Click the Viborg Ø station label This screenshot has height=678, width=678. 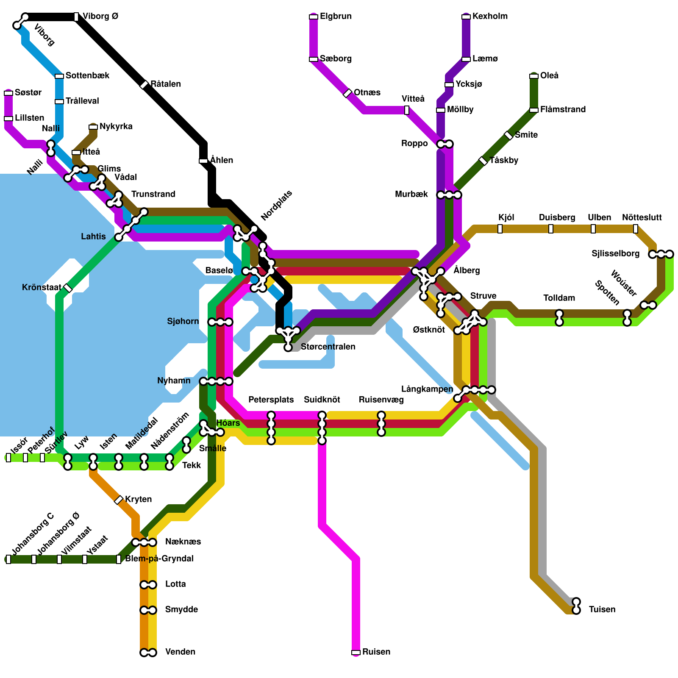(100, 17)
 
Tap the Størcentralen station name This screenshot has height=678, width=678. (328, 347)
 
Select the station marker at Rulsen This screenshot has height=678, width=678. (356, 652)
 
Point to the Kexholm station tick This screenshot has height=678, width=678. (466, 17)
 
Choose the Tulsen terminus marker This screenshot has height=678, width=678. (576, 606)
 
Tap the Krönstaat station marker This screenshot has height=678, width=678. (68, 288)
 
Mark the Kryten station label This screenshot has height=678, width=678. (138, 500)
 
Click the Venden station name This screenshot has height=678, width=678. (180, 652)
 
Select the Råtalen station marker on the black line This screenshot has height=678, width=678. (144, 85)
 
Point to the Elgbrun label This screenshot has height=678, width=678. (336, 17)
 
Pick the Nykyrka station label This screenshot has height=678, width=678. (116, 127)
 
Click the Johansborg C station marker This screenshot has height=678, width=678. (8, 559)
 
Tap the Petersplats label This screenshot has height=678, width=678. (271, 400)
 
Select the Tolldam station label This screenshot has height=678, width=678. (559, 298)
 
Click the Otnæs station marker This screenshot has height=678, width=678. (347, 93)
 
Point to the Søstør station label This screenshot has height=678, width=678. (28, 93)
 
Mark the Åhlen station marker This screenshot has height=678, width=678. (203, 161)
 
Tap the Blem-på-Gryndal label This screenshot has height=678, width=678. (159, 559)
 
